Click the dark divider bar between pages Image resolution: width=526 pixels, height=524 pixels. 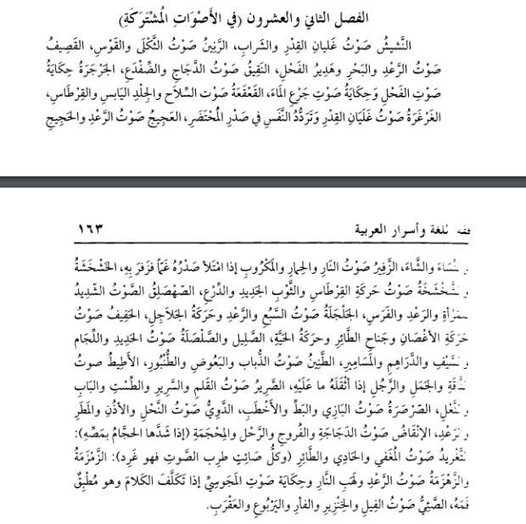[263, 181]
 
